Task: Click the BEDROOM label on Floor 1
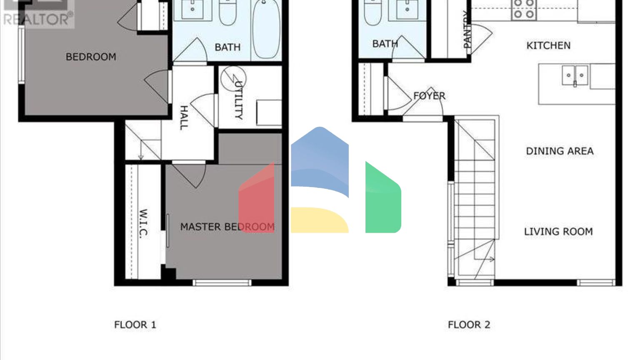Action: pos(91,57)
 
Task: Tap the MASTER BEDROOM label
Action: pos(227,227)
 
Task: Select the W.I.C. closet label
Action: pos(143,223)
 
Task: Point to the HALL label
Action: pos(184,117)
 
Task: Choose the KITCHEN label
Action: pos(548,45)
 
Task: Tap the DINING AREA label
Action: pos(560,151)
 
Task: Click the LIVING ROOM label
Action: pos(558,232)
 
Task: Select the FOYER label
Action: pos(430,96)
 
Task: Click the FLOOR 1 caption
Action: pos(135,325)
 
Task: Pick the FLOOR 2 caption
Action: pos(469,325)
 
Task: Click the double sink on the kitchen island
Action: pos(575,75)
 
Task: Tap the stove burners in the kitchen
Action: pos(524,9)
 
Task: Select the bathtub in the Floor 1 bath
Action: pos(266,29)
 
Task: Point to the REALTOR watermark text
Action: pos(37,19)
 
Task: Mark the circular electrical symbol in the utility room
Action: pos(232,78)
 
